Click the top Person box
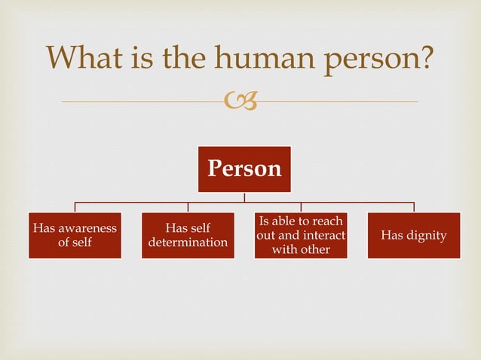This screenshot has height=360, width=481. point(244,169)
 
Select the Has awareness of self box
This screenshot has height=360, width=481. point(75,236)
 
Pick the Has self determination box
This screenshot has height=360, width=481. point(188,236)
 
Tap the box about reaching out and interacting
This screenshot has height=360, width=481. point(301,236)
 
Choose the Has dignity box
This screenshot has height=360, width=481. point(413,236)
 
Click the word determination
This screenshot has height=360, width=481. point(188,243)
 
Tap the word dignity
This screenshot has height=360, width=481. point(426,236)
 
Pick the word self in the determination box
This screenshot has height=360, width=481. point(198,228)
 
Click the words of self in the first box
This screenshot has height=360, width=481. point(75,243)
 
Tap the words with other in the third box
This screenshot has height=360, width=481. point(301,249)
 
